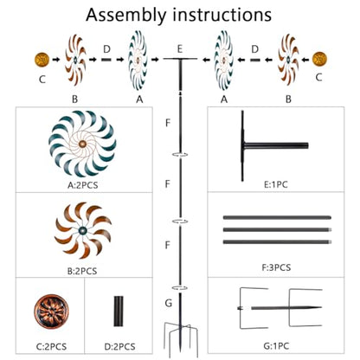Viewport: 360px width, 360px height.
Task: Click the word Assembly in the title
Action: pos(126,16)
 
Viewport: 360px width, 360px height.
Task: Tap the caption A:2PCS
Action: pos(83,185)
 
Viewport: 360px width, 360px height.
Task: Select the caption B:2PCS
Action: pos(82,271)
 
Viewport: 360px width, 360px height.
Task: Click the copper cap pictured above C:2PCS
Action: pos(51,312)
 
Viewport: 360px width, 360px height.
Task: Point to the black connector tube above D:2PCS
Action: pos(119,312)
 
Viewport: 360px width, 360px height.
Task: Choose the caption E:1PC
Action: pos(276,184)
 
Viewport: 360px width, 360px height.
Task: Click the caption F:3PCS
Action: pos(276,267)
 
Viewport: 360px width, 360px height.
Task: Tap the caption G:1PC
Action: pos(276,345)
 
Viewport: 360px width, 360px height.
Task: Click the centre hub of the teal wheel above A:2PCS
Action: pos(82,144)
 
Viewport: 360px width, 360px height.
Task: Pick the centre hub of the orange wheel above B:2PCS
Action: pos(83,230)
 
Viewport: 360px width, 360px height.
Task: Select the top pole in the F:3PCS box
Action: pos(277,217)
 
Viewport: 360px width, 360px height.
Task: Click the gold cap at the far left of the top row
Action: pos(42,60)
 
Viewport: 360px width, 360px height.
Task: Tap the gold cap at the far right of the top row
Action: pos(319,59)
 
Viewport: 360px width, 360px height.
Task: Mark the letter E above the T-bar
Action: pos(180,49)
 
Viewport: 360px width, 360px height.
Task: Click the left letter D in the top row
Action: pos(106,49)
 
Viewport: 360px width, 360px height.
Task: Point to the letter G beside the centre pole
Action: pos(169,303)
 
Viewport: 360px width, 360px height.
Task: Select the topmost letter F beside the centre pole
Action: pos(168,123)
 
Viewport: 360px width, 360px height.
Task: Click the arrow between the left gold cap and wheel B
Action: pos(56,60)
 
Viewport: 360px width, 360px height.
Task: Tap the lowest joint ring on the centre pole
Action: pos(180,287)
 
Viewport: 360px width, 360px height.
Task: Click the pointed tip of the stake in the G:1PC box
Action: pos(321,307)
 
